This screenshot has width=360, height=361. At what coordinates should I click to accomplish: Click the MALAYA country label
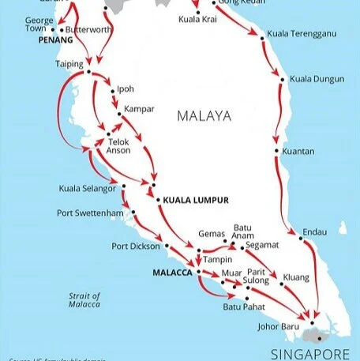point(204,116)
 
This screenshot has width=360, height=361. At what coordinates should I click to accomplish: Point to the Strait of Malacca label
point(84,299)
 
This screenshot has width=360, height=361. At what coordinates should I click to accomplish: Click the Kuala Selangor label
point(88,188)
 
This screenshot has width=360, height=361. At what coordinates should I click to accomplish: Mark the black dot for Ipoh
point(112,88)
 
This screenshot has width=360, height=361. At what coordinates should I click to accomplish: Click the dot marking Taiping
point(88,73)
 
